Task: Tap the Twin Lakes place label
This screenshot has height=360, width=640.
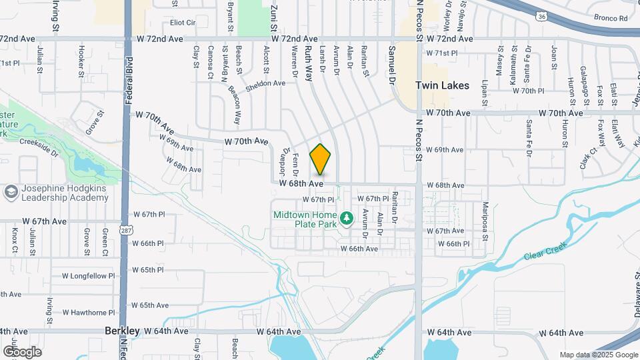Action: tap(442, 85)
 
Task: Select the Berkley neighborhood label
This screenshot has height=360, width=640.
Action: tap(123, 331)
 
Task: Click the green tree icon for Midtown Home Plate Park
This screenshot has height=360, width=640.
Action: tap(346, 218)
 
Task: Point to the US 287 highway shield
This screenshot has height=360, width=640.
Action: tap(125, 229)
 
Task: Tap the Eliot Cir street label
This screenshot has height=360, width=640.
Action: tap(183, 22)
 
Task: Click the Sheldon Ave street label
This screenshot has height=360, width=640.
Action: tap(265, 84)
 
